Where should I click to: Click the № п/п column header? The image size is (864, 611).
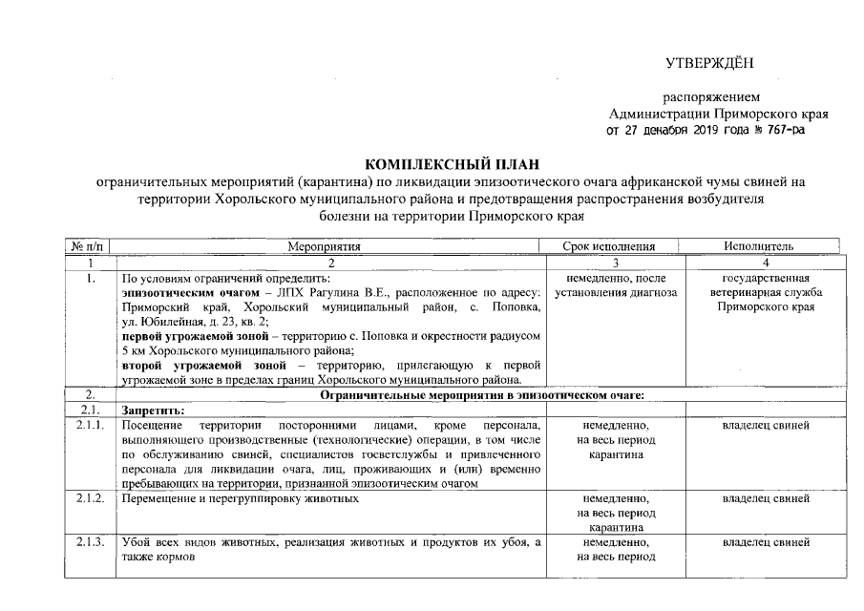click(89, 246)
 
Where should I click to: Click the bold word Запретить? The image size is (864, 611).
click(154, 409)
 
